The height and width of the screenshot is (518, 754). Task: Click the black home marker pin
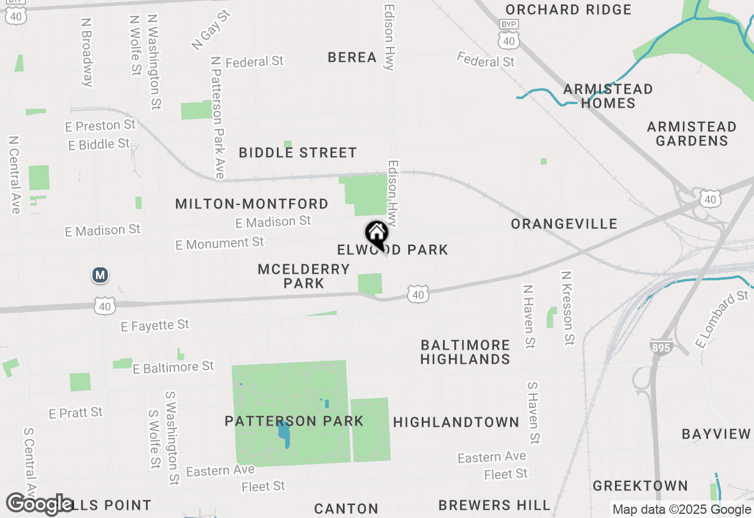coord(376,234)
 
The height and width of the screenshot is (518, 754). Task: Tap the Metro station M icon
coord(100,275)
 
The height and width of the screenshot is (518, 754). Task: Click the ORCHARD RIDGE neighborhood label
coord(568,9)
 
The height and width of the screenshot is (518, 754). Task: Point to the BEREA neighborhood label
coord(352,57)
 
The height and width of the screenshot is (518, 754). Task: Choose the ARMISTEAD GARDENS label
coord(691,134)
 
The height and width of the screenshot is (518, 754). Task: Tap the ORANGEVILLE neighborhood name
coord(564,224)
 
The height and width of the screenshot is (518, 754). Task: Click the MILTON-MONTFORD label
coord(252,204)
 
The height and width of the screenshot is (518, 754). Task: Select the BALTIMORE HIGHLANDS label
coord(465,351)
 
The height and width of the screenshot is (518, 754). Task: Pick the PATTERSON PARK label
coord(294,421)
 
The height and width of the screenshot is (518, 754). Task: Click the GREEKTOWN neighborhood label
coord(640,486)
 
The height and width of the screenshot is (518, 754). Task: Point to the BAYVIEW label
coord(716,434)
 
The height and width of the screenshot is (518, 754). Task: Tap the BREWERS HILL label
coord(494,505)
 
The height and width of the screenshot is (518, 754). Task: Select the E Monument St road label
coord(220,243)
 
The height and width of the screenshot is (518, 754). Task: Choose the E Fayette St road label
coord(155,325)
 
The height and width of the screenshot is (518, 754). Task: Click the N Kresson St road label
coord(567,308)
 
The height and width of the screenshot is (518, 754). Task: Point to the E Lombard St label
coord(721,318)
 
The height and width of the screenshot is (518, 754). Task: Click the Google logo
coord(39,504)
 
